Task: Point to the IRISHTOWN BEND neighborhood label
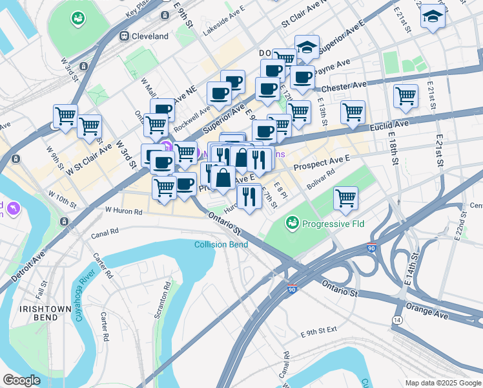(45, 309)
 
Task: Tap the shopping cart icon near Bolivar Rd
(346, 198)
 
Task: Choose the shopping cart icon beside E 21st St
(406, 96)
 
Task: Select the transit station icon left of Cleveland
(123, 37)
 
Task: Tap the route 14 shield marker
(396, 320)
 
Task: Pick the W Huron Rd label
(124, 210)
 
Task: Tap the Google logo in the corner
(21, 380)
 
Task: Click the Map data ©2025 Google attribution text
(442, 383)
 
